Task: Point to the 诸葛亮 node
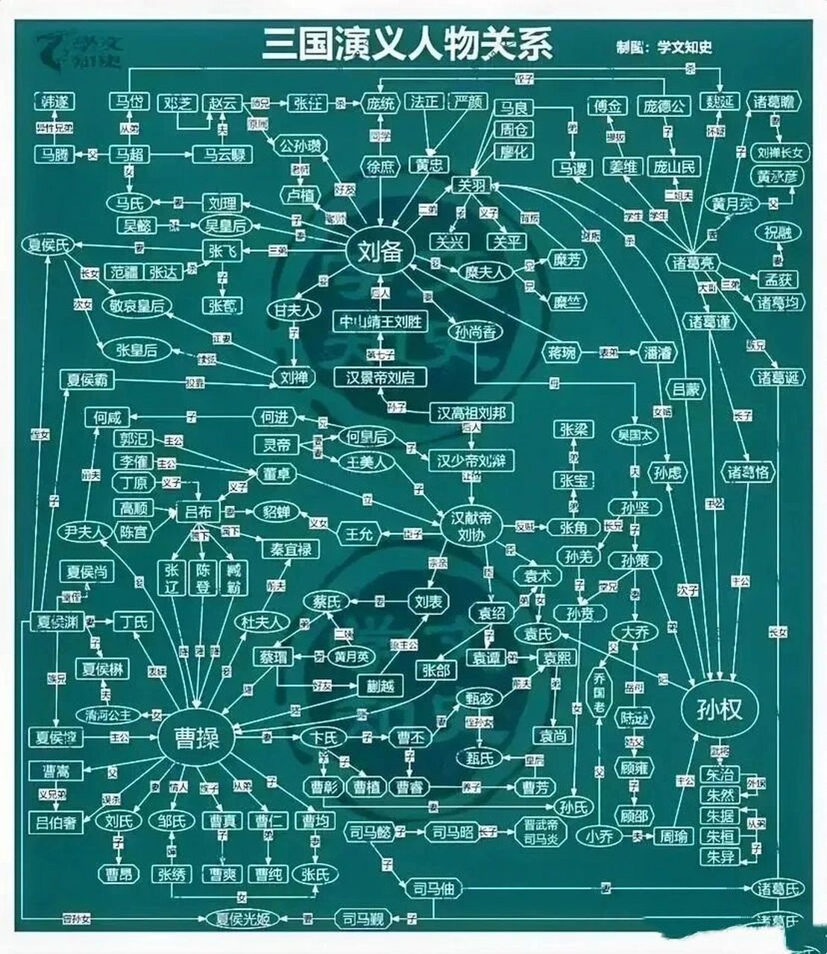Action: coord(694,261)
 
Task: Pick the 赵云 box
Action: coord(222,103)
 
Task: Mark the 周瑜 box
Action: coord(671,836)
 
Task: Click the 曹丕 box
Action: coord(410,738)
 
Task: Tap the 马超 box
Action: coord(130,155)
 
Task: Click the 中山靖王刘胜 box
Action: coord(381,321)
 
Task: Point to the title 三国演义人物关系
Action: coord(407,45)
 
